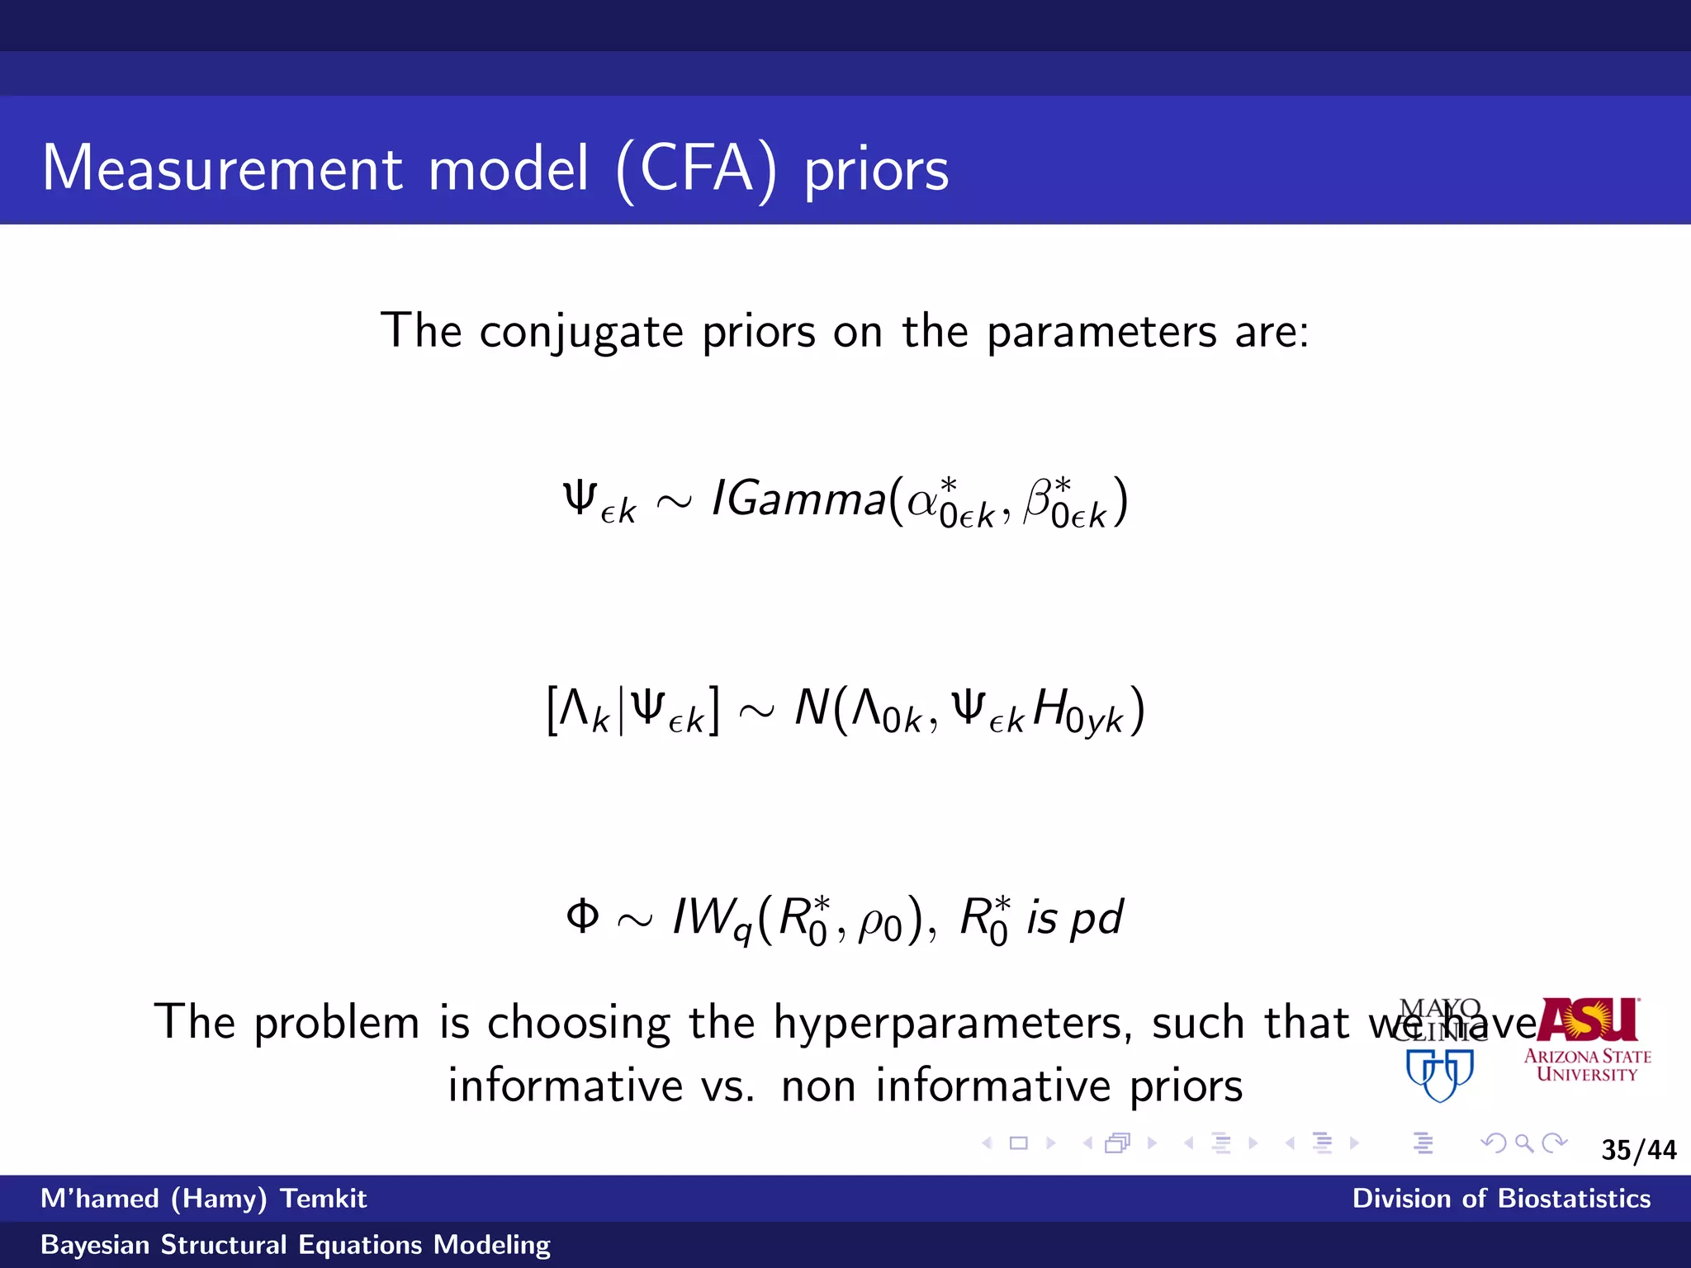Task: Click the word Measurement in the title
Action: point(222,169)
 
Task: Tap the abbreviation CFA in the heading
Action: point(695,169)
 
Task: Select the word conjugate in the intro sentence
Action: point(581,333)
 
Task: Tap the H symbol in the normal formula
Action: point(1049,708)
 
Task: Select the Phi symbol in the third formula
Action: point(582,916)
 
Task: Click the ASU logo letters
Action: point(1588,1020)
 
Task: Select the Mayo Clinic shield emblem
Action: point(1440,1074)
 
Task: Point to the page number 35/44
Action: point(1638,1150)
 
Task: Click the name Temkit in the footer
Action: point(323,1199)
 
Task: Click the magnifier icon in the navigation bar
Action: point(1524,1143)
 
